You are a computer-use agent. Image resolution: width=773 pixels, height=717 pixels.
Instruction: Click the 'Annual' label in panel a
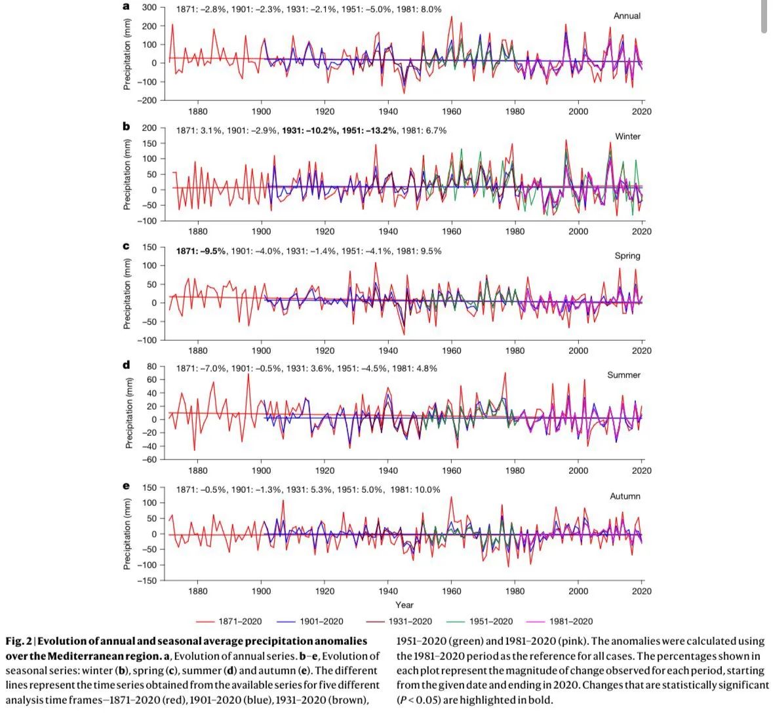627,16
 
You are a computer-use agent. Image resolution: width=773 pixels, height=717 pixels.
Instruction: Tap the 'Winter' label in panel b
627,136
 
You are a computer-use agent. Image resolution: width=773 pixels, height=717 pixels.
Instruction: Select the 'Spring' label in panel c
627,256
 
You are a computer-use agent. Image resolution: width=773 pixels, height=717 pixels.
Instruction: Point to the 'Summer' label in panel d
624,375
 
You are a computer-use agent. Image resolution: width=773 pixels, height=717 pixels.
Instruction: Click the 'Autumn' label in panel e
625,496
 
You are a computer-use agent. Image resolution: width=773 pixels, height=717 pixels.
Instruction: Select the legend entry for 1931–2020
410,621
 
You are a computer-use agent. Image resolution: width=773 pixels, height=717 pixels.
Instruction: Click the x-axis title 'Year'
405,605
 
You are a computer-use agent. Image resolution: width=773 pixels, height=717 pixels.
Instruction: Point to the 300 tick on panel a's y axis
149,8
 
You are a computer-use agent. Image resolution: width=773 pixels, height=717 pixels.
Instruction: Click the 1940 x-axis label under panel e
388,591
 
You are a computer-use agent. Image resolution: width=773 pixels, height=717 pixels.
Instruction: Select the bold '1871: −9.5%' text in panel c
201,251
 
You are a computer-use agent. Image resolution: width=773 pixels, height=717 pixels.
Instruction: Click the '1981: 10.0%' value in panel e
416,490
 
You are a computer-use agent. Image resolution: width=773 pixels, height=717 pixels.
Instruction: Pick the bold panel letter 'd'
127,365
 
